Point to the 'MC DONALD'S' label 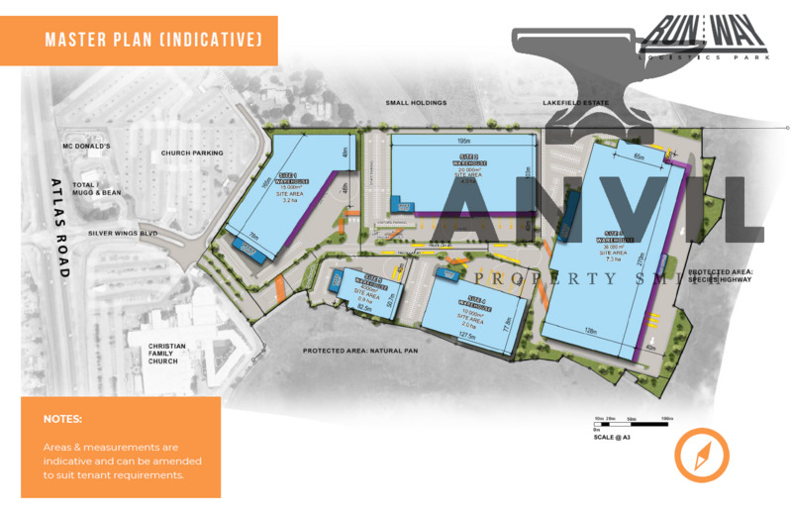coord(86,147)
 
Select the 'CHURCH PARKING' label coord(193,154)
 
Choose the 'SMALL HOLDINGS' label coord(417,102)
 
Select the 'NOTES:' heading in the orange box coord(62,419)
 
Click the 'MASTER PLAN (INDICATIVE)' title coord(153,40)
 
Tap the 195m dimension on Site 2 coord(463,141)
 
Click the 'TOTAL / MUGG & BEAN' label coord(96,188)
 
